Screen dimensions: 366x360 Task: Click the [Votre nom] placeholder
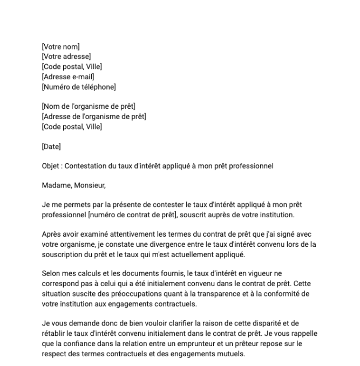tap(60, 47)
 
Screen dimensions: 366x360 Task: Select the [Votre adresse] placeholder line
tap(66, 57)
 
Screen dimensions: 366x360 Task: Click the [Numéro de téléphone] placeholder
tap(78, 86)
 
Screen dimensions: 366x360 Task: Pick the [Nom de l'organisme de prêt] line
tap(88, 106)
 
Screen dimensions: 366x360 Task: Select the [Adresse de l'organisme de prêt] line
tap(93, 116)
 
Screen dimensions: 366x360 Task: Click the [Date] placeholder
tap(51, 146)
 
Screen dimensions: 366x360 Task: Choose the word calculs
tap(90, 274)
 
